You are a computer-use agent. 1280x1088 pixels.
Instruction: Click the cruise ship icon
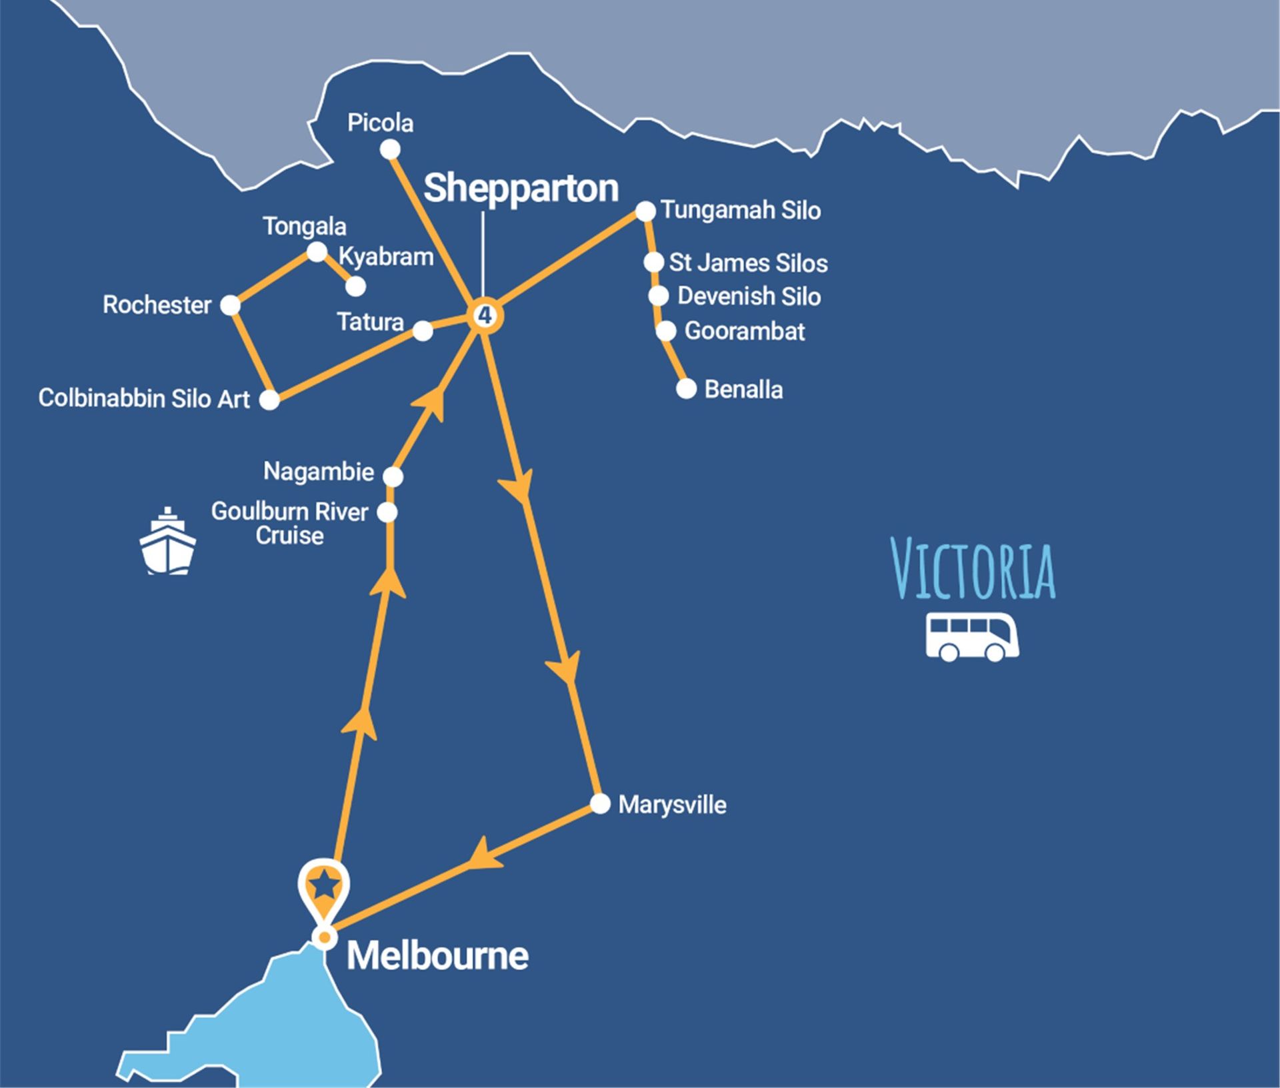[x=167, y=541]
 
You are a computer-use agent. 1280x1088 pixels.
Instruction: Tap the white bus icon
[x=972, y=638]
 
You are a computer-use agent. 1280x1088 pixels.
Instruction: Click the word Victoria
[x=973, y=572]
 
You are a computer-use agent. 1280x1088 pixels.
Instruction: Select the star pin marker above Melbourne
[x=324, y=887]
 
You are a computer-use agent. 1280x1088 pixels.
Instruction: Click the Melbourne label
[x=437, y=956]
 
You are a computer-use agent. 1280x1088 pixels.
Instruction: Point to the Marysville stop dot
[x=600, y=804]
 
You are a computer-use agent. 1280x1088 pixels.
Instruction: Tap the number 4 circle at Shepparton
[x=485, y=316]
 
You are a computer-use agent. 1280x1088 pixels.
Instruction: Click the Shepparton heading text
[x=521, y=189]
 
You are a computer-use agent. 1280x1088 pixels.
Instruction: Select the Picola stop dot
[x=390, y=150]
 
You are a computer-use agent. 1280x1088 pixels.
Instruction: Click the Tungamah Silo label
[x=741, y=211]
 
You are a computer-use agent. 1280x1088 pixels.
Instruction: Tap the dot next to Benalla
[x=686, y=389]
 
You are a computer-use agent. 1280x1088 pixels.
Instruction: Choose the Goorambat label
[x=745, y=332]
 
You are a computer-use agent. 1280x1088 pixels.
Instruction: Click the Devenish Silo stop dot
[x=658, y=296]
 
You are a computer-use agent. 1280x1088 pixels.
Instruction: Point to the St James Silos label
[x=748, y=263]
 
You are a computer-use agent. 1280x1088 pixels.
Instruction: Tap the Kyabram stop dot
[x=356, y=286]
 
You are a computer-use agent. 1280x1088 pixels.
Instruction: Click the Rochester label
[x=157, y=306]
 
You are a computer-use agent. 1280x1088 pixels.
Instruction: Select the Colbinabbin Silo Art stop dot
[x=269, y=400]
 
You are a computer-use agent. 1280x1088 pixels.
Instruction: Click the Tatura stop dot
[x=423, y=331]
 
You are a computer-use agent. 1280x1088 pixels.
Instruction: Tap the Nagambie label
[x=319, y=472]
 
